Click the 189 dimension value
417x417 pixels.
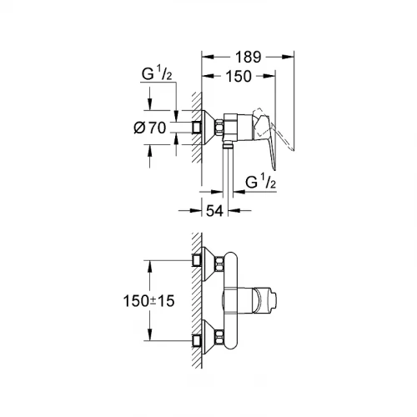pos(248,58)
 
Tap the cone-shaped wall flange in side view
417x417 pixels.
pos(208,127)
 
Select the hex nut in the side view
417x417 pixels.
pos(221,127)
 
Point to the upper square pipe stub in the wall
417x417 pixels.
pos(198,260)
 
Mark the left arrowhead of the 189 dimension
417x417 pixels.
pos(207,57)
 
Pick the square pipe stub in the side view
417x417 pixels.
pos(198,127)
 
